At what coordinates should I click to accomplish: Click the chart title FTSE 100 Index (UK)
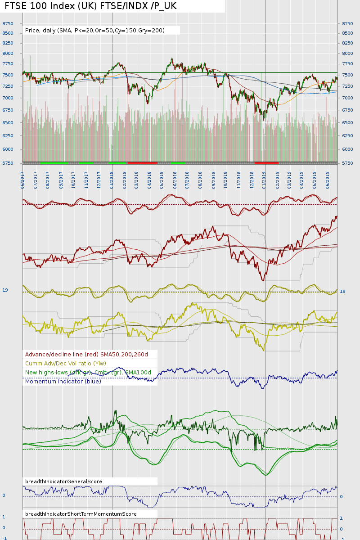[x=90, y=6]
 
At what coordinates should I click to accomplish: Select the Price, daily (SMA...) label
[x=95, y=31]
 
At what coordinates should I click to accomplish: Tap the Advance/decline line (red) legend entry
[x=86, y=355]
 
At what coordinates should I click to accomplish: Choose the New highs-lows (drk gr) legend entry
[x=88, y=373]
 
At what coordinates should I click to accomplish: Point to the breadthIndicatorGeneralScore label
[x=63, y=481]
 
